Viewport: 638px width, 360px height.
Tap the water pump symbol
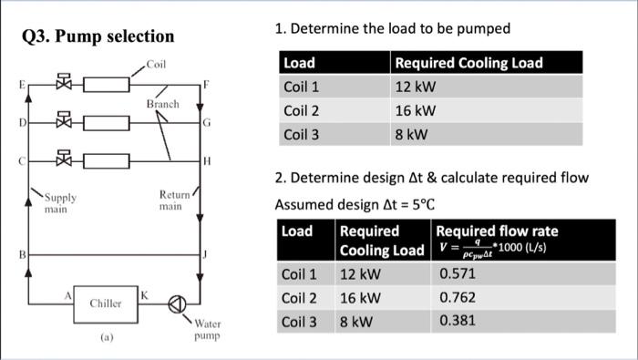tap(178, 303)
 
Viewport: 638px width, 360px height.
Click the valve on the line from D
tap(63, 121)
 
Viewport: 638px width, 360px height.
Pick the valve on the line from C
tap(63, 159)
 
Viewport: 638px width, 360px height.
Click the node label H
tap(209, 160)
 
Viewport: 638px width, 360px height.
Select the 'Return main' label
tap(173, 201)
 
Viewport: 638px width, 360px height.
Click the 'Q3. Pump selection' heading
tap(97, 36)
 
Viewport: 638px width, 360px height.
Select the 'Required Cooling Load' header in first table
tap(468, 63)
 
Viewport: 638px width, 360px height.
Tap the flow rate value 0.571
tap(456, 273)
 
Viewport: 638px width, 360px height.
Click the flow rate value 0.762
tap(456, 296)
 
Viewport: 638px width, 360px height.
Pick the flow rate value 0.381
tap(456, 320)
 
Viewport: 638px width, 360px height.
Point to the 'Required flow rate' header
tap(498, 231)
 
